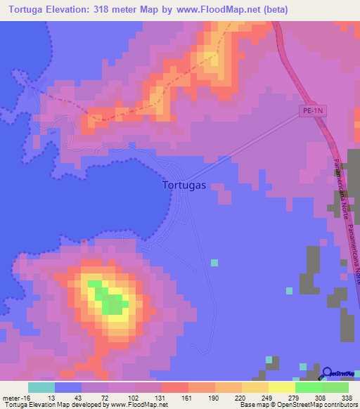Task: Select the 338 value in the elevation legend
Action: [x=346, y=398]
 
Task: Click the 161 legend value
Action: [x=186, y=398]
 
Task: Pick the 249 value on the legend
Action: [x=266, y=398]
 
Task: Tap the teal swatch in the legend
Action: [x=41, y=387]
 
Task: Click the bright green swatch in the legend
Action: [x=308, y=387]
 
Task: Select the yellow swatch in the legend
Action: [x=281, y=387]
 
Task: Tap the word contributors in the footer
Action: [x=338, y=405]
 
